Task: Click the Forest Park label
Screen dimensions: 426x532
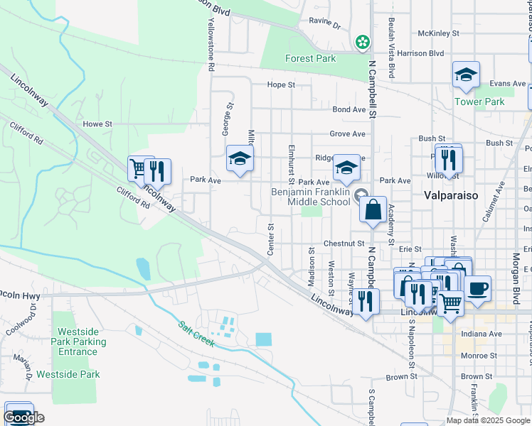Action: (x=310, y=59)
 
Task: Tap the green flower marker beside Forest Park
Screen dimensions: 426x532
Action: (x=363, y=42)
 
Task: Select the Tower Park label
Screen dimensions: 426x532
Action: (x=479, y=102)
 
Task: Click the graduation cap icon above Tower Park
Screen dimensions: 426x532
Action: (x=466, y=75)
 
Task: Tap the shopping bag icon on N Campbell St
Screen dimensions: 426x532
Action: (x=373, y=210)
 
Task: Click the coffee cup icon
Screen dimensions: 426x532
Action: (x=478, y=288)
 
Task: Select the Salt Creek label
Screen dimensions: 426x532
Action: (x=196, y=334)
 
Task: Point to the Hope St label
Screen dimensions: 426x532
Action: (x=281, y=85)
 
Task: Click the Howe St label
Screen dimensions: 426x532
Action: (x=98, y=124)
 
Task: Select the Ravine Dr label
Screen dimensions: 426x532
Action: (x=324, y=23)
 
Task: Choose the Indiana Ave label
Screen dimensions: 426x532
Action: (x=482, y=334)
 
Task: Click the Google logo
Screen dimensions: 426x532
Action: (x=24, y=417)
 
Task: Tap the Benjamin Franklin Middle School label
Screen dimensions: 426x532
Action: (x=311, y=197)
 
